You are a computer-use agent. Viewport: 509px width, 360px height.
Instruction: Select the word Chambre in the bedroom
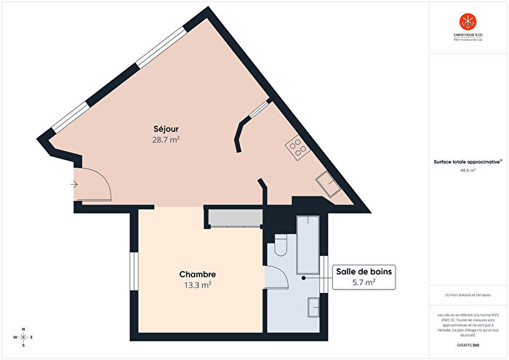(197, 274)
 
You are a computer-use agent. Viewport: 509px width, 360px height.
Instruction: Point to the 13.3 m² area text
(197, 285)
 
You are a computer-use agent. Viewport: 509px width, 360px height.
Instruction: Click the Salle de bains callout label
(364, 271)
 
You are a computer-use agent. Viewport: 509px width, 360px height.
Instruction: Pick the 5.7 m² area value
(364, 282)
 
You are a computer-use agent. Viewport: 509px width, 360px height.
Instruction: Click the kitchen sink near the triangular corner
(327, 185)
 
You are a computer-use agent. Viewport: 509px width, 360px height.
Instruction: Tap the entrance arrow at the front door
(74, 185)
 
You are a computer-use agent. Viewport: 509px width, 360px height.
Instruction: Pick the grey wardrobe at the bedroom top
(232, 217)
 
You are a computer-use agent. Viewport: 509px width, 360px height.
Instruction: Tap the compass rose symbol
(23, 337)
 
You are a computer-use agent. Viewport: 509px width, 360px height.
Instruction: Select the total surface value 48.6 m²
(468, 170)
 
